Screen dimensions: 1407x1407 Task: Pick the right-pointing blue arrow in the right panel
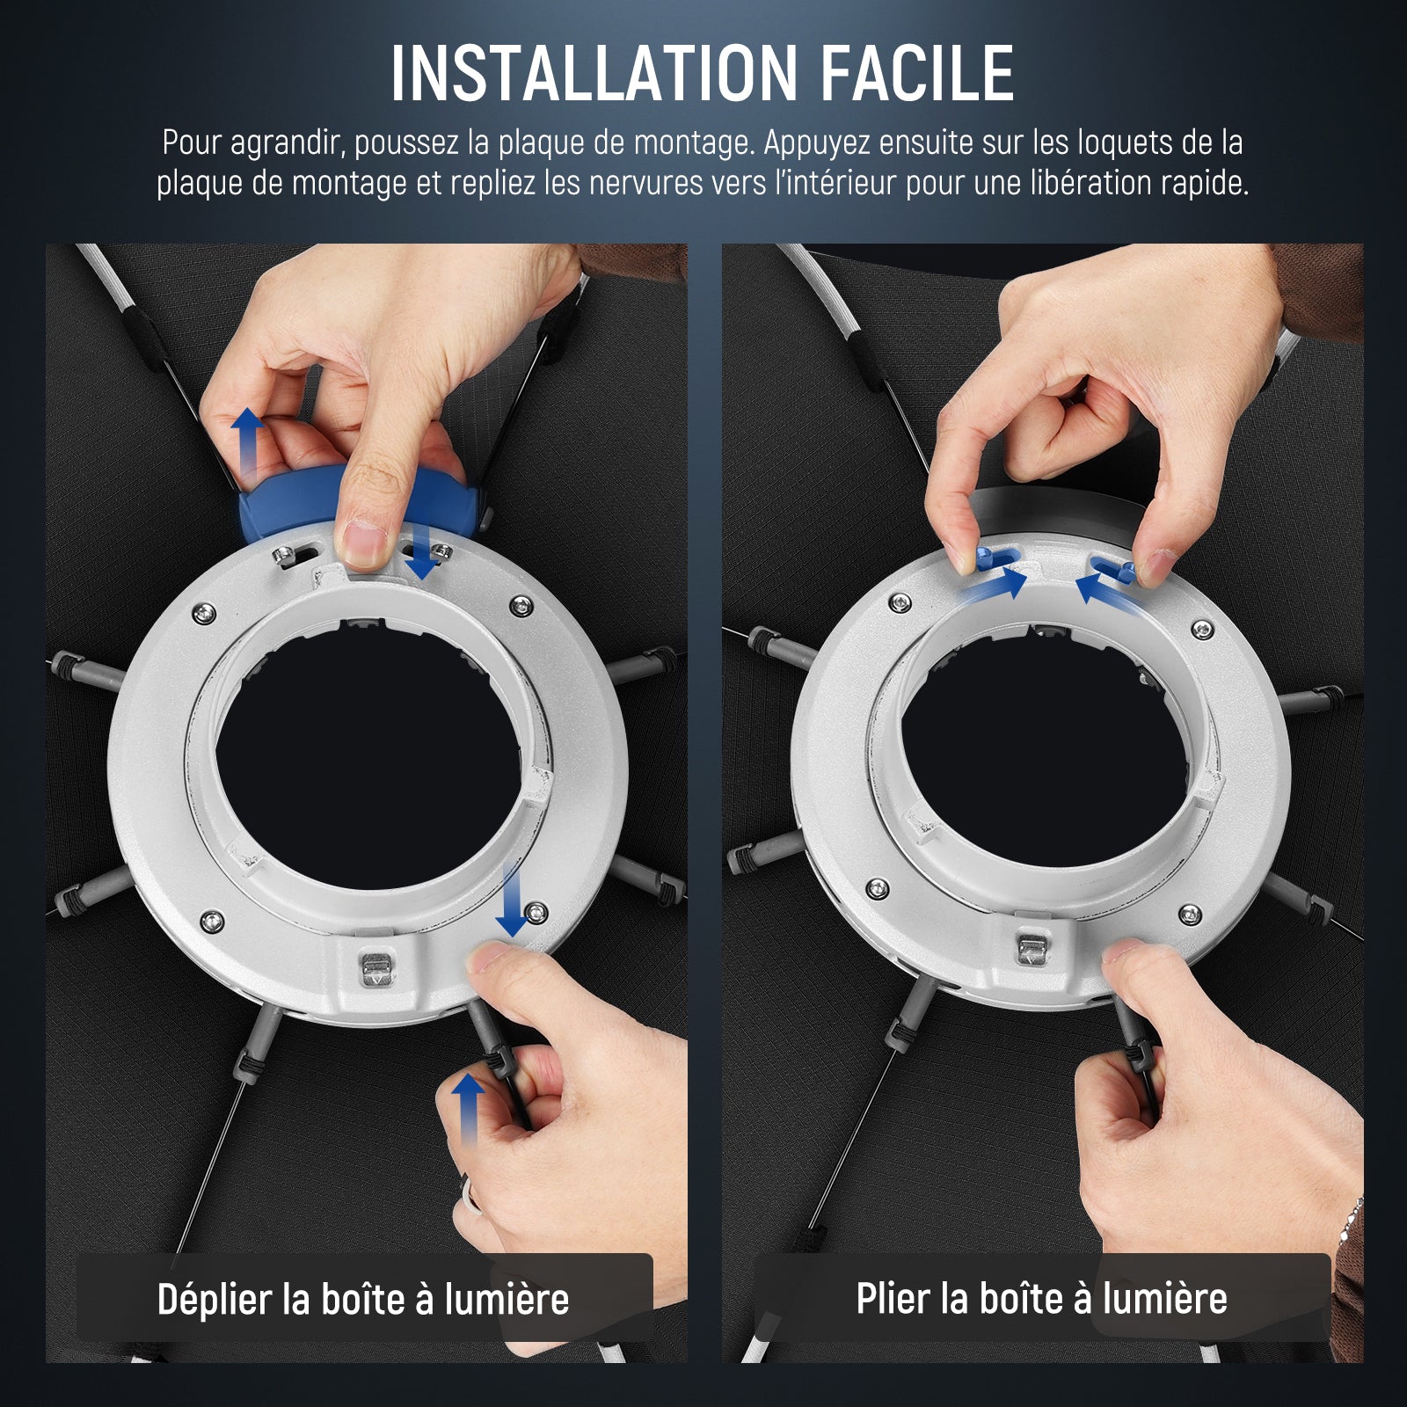pos(995,584)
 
